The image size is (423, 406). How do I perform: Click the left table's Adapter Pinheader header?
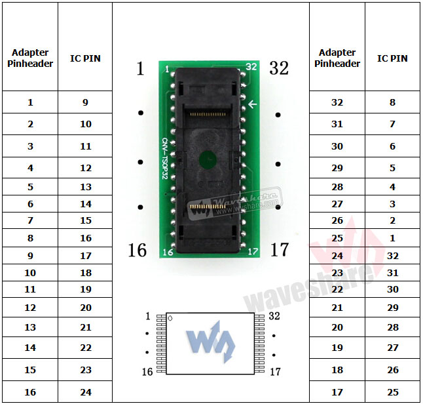30,58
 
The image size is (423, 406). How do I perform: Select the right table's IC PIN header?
392,58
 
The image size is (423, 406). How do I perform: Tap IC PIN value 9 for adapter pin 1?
86,102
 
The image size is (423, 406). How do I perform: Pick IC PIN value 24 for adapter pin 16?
86,392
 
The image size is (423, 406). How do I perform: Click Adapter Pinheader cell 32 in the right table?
337,102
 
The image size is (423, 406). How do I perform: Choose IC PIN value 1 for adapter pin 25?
392,237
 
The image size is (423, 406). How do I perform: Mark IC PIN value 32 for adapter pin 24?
392,256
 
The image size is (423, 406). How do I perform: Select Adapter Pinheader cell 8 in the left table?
30,238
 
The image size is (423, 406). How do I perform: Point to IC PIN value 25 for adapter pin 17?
392,392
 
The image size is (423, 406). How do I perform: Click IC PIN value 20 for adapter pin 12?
86,308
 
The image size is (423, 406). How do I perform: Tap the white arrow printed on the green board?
253,104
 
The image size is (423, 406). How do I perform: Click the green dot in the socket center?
208,157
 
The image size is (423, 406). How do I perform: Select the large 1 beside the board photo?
139,69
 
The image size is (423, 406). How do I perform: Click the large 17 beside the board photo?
279,249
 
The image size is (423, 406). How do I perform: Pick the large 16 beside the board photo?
137,250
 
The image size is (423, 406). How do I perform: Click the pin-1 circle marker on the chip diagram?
171,319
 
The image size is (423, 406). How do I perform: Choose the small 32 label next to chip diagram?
274,316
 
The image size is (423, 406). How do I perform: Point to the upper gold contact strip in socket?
208,113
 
